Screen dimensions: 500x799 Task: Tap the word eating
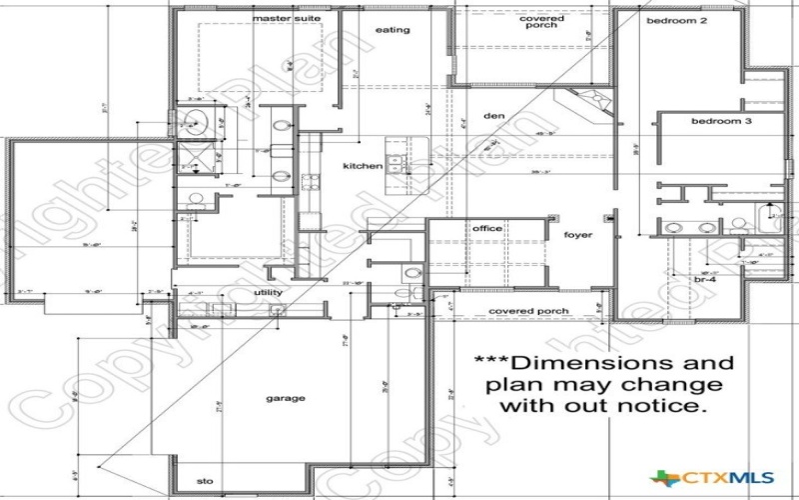[x=393, y=30]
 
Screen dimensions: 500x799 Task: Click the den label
[x=493, y=115]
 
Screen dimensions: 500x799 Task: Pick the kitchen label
[x=363, y=165]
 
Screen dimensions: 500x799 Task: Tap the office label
[x=486, y=229]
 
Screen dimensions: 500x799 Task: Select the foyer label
[x=577, y=236]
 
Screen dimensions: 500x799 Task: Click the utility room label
[x=269, y=291]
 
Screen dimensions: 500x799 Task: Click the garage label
[x=285, y=398]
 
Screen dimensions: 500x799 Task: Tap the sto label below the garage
[x=206, y=481]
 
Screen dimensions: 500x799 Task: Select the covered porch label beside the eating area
[x=541, y=22]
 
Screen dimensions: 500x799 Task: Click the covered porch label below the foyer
[x=528, y=311]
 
